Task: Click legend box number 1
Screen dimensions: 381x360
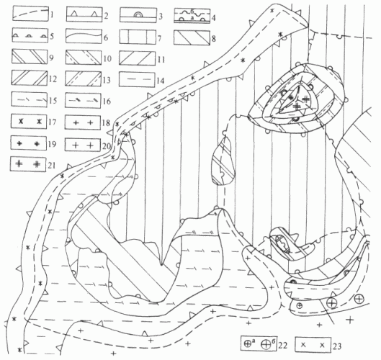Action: (x=30, y=14)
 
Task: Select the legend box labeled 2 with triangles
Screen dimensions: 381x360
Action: (x=84, y=14)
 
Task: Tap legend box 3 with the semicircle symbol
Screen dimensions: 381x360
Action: (x=138, y=15)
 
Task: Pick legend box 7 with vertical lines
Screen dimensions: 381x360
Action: (x=138, y=37)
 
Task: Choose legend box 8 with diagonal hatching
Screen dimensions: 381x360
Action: (x=192, y=37)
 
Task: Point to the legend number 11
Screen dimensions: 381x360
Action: (x=161, y=59)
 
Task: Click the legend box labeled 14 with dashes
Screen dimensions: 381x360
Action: (x=137, y=79)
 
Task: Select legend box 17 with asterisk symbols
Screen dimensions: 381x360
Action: (x=29, y=122)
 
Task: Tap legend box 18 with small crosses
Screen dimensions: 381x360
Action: (x=83, y=122)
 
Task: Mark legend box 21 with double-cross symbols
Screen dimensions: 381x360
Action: (x=28, y=164)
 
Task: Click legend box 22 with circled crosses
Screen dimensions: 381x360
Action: (x=259, y=343)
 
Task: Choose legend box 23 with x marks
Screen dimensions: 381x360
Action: (x=313, y=344)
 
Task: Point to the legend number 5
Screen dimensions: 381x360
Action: (x=52, y=36)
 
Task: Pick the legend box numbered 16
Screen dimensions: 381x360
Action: (x=83, y=101)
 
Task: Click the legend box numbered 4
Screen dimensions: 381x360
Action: (x=192, y=16)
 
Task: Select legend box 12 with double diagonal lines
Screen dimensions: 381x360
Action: (x=30, y=78)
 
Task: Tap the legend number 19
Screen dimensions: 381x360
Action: (x=53, y=144)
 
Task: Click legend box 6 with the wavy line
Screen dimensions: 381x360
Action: (x=84, y=36)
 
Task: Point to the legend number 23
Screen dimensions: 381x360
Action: (x=337, y=346)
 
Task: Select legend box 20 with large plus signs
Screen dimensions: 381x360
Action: (x=83, y=145)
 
